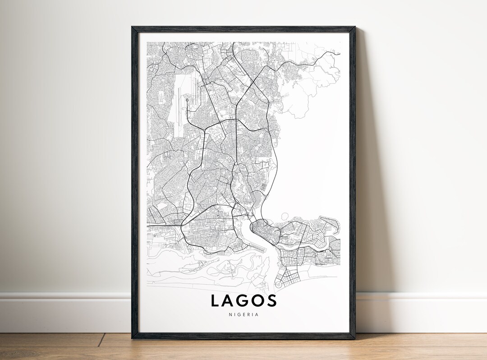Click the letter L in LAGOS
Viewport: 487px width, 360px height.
click(216, 300)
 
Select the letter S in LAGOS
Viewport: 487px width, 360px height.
click(271, 300)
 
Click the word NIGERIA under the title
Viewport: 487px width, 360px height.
click(243, 314)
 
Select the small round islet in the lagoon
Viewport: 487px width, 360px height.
click(285, 217)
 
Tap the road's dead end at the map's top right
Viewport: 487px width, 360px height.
click(339, 53)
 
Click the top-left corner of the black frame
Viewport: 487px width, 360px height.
click(132, 27)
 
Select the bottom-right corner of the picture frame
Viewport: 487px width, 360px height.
click(354, 338)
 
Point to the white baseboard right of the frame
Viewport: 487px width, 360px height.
click(419, 311)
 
